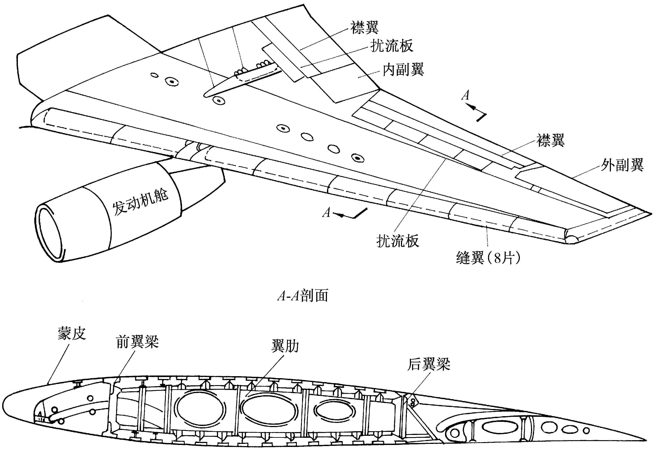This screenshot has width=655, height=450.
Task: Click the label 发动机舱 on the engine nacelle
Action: pyautogui.click(x=140, y=201)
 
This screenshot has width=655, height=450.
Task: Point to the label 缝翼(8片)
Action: pyautogui.click(x=488, y=258)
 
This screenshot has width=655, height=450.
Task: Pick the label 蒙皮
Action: pyautogui.click(x=72, y=334)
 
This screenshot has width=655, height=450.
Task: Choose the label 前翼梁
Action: pyautogui.click(x=137, y=342)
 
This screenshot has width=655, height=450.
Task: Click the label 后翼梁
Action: pyautogui.click(x=428, y=364)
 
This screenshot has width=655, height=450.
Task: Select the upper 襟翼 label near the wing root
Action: pyautogui.click(x=365, y=28)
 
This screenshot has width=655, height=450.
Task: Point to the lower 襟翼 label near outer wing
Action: pyautogui.click(x=550, y=140)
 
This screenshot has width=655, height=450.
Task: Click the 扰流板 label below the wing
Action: pyautogui.click(x=398, y=241)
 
